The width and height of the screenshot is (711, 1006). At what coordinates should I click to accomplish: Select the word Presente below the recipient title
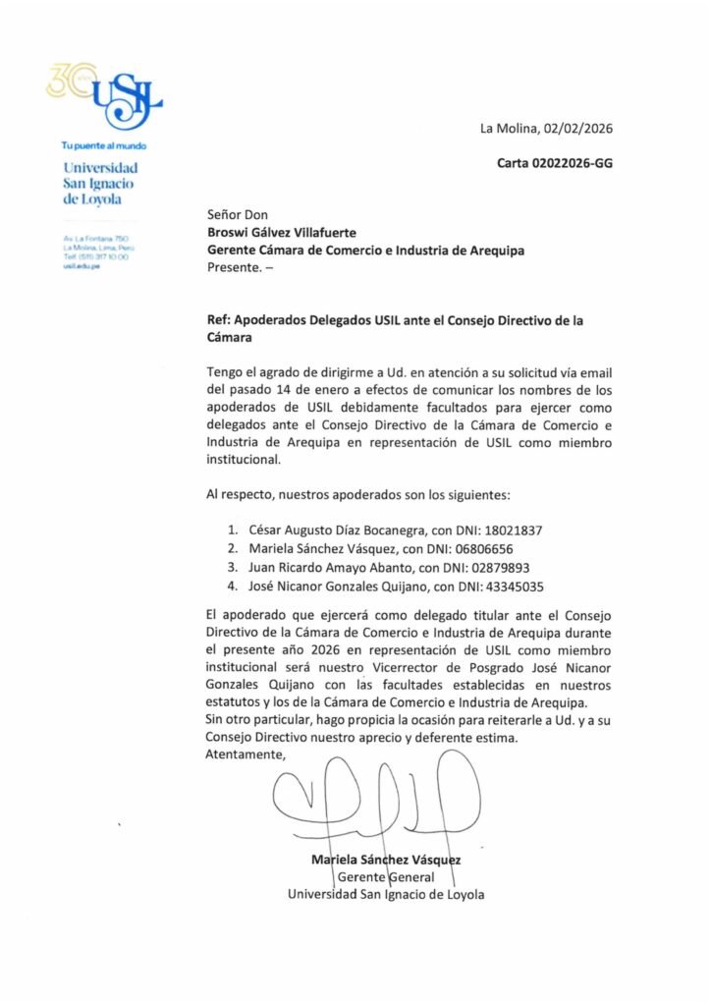pyautogui.click(x=235, y=268)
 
